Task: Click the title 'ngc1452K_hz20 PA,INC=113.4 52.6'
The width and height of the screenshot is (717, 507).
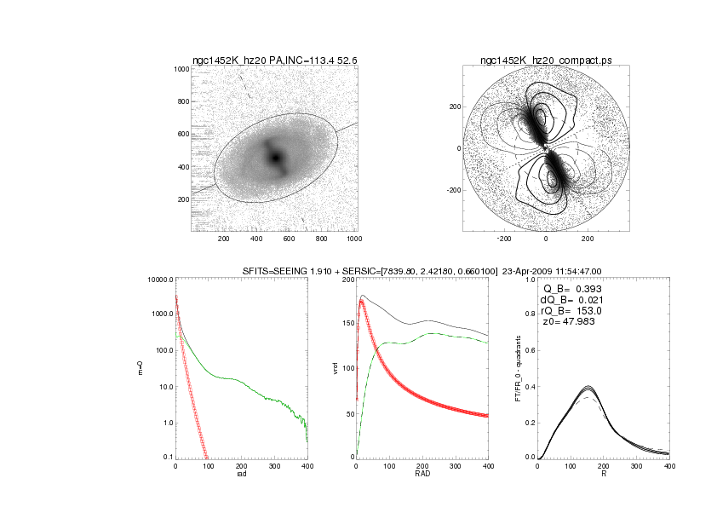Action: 275,60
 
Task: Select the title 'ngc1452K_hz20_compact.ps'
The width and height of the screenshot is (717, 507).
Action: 545,60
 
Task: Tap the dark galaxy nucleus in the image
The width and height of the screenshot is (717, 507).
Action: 275,158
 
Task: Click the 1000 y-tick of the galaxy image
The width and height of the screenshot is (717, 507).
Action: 181,69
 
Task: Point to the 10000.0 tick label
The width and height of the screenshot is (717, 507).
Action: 159,279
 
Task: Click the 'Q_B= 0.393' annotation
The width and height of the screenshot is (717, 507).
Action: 572,288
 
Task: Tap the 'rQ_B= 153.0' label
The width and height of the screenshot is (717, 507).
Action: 571,311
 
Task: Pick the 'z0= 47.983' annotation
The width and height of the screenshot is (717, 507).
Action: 568,323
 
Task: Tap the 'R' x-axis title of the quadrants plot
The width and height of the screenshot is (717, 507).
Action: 604,475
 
